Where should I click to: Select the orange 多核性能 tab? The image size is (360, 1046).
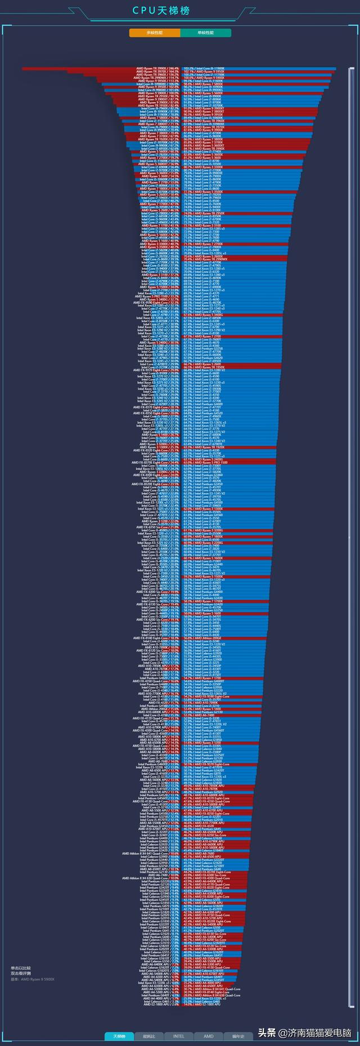click(154, 33)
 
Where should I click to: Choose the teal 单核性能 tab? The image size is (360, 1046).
click(205, 33)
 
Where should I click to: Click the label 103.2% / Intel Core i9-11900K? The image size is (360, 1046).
click(204, 69)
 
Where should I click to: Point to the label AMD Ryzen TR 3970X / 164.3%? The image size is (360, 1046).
click(158, 71)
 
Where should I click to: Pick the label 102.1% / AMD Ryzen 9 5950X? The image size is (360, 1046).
click(204, 71)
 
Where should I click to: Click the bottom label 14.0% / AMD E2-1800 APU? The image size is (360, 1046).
click(202, 1004)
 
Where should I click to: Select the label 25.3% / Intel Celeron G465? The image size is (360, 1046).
click(202, 1001)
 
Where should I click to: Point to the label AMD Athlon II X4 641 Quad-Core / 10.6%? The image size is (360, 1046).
click(151, 854)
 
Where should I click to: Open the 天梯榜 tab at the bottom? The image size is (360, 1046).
click(119, 1036)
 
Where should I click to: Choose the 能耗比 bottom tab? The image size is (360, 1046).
click(149, 1036)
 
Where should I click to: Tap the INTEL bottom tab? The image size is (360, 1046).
click(179, 1036)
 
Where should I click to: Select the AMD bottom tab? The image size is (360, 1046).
click(208, 1036)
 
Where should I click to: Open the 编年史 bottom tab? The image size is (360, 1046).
click(238, 1036)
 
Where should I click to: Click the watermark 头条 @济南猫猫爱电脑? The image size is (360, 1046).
click(304, 1032)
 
